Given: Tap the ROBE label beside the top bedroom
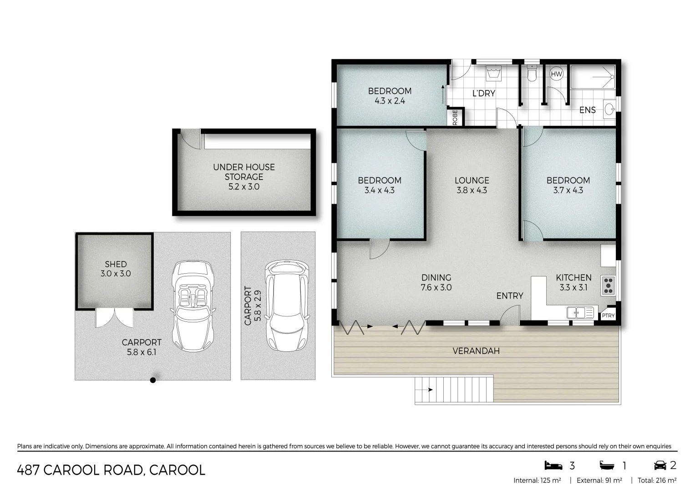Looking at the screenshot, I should [455, 118].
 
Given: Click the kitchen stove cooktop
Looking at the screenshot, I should [609, 285].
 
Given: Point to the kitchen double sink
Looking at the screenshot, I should [579, 313].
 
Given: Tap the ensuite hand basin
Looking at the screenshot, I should [609, 109].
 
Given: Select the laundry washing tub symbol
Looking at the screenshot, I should [493, 73].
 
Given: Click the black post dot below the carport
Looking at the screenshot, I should [153, 380].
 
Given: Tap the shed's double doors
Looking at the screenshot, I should [114, 317].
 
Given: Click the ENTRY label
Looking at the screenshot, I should [509, 296].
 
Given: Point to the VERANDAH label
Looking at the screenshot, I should [476, 351].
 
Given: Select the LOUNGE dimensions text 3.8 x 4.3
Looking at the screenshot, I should [472, 190].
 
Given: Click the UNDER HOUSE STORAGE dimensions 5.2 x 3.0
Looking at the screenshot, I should [244, 187].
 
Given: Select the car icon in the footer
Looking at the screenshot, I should [659, 466].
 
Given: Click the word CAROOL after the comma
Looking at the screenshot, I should [177, 470].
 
